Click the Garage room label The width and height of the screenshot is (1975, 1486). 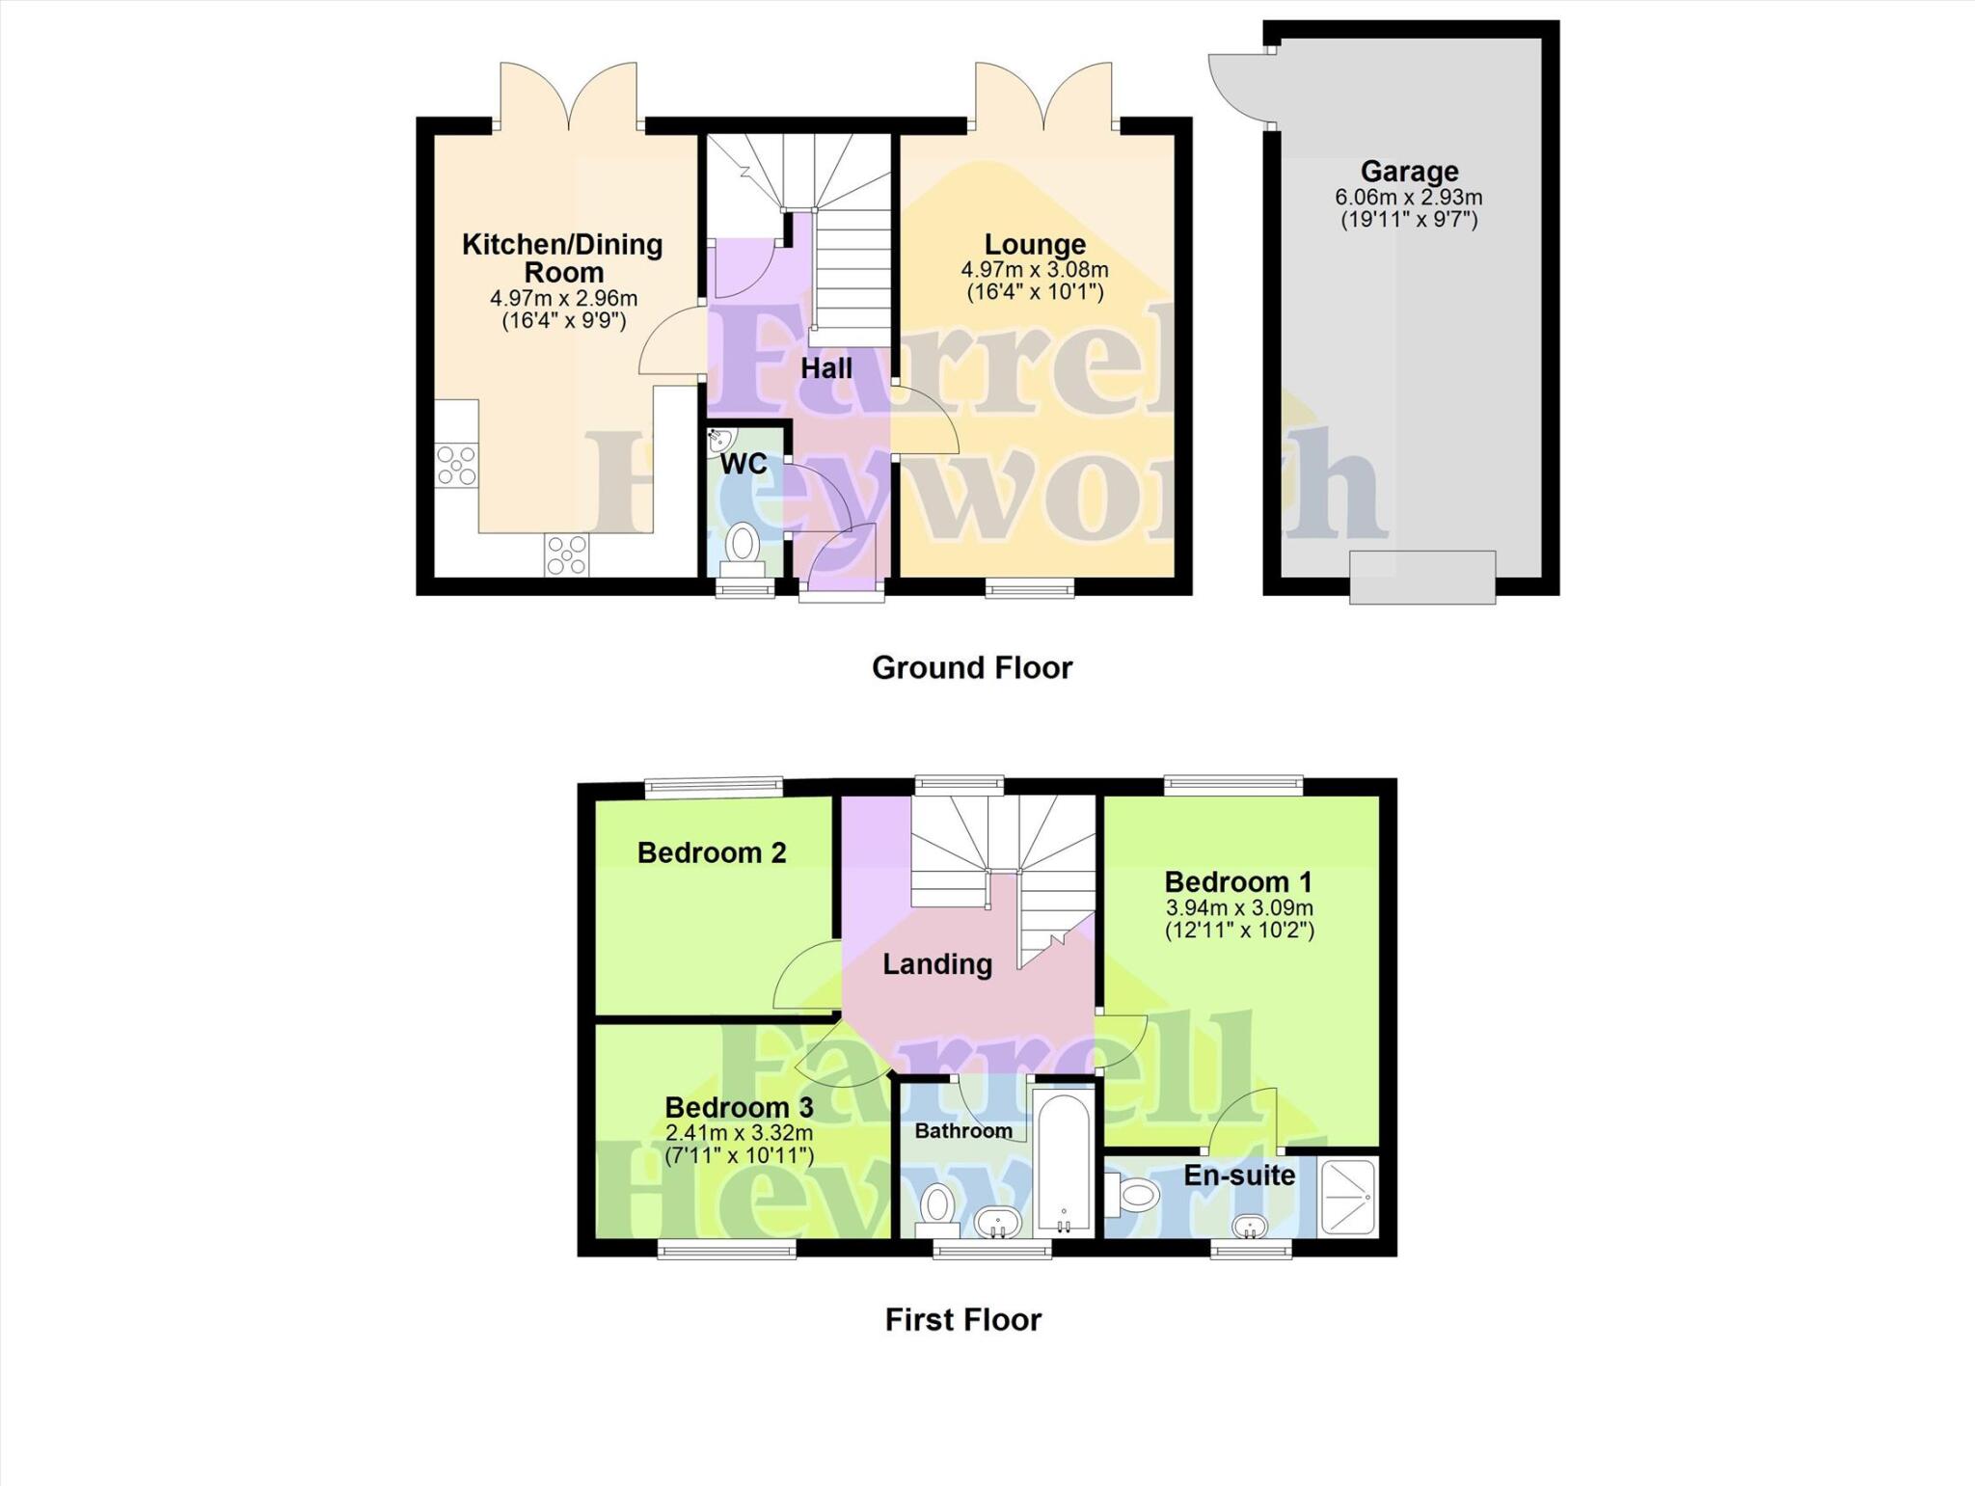pyautogui.click(x=1409, y=172)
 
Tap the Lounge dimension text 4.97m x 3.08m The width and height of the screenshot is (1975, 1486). pyautogui.click(x=1034, y=270)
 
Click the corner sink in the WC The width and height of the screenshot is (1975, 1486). pyautogui.click(x=718, y=443)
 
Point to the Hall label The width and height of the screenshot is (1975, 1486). pyautogui.click(x=826, y=368)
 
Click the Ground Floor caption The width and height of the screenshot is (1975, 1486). pyautogui.click(x=971, y=667)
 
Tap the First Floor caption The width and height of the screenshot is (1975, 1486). pyautogui.click(x=963, y=1319)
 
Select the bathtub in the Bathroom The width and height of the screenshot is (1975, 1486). pyautogui.click(x=1064, y=1163)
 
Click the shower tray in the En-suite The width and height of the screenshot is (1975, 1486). pyautogui.click(x=1348, y=1197)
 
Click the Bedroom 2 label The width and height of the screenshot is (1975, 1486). pyautogui.click(x=712, y=852)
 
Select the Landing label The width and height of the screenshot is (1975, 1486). pyautogui.click(x=937, y=964)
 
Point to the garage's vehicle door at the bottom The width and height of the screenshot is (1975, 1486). pyautogui.click(x=1421, y=577)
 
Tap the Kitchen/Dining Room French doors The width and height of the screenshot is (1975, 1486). pyautogui.click(x=568, y=96)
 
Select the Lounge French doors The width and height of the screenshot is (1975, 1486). pyautogui.click(x=1043, y=96)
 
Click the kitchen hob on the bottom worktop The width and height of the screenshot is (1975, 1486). pyautogui.click(x=567, y=555)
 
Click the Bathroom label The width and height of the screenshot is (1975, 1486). pyautogui.click(x=962, y=1130)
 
